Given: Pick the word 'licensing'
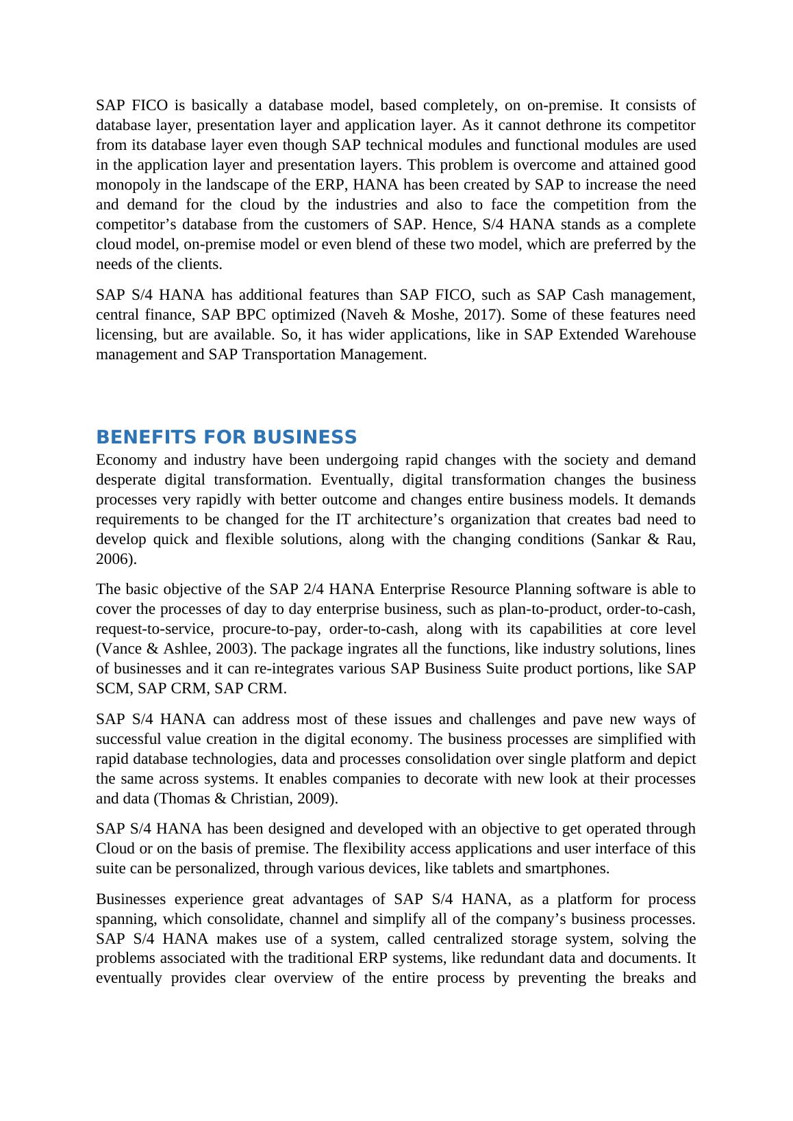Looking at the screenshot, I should point(126,335).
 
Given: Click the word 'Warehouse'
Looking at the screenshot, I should point(660,335).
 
